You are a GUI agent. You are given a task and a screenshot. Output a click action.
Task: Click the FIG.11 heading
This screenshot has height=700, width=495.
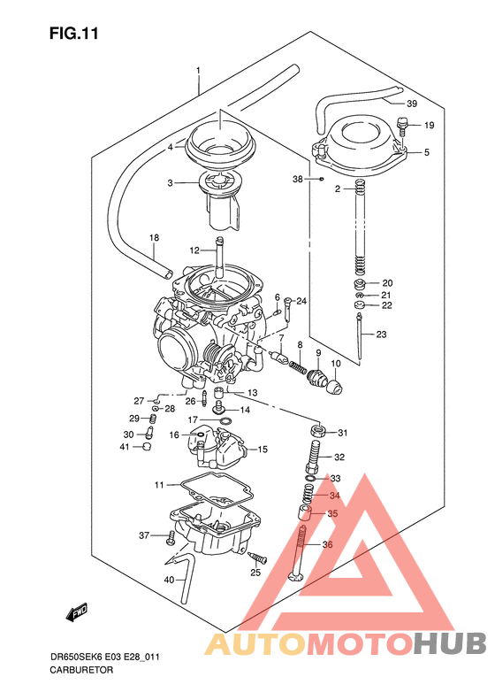(x=73, y=35)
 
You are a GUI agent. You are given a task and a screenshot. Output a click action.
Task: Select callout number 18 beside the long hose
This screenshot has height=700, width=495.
(x=154, y=238)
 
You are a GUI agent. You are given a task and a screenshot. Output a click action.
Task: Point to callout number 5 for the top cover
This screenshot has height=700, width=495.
(x=426, y=152)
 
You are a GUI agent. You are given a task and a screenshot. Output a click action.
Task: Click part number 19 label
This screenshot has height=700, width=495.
(x=429, y=125)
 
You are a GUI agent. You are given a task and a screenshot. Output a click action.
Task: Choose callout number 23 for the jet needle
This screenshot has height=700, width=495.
(x=381, y=334)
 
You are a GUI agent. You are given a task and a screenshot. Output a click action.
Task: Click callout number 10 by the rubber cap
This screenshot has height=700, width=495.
(x=335, y=364)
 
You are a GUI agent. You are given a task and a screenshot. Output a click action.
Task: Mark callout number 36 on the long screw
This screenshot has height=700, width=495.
(x=327, y=545)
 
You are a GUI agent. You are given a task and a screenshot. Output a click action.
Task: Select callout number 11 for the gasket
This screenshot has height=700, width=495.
(x=159, y=485)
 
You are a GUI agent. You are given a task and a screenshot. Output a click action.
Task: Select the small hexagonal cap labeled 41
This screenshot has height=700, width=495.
(x=148, y=448)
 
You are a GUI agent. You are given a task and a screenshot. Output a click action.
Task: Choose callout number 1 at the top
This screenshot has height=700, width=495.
(x=199, y=71)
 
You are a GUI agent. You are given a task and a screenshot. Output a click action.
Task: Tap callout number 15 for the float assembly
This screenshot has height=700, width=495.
(x=263, y=450)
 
